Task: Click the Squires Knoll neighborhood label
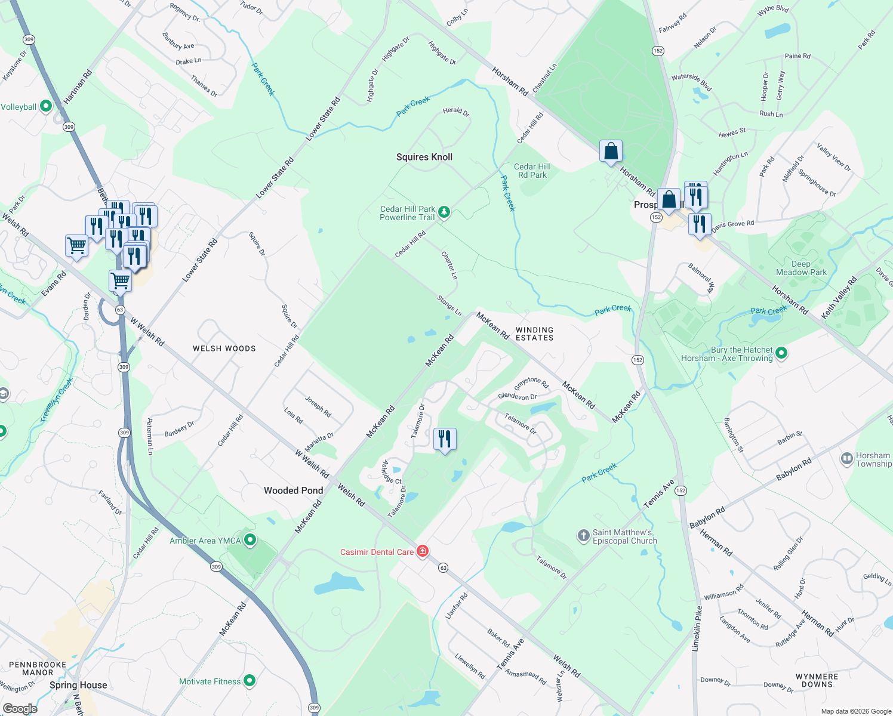pos(424,157)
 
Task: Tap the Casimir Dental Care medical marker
pos(423,551)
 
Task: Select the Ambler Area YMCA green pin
pos(250,541)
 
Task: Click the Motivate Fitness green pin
pos(250,681)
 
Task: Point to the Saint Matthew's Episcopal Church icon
pos(584,536)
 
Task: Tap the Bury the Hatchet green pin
pos(781,354)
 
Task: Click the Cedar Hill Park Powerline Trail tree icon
pos(444,212)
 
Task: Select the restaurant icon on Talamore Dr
pos(444,439)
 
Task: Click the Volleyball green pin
pos(45,107)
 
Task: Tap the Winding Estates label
pos(534,334)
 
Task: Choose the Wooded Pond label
pos(294,490)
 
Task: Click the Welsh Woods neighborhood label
pos(224,348)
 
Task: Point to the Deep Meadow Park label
pos(801,268)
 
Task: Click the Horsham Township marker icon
pos(846,459)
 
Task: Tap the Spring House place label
pos(78,685)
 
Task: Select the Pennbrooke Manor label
pos(38,668)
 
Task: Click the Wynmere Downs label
pos(817,680)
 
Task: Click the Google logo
pos(20,708)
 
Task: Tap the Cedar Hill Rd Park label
pos(532,171)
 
